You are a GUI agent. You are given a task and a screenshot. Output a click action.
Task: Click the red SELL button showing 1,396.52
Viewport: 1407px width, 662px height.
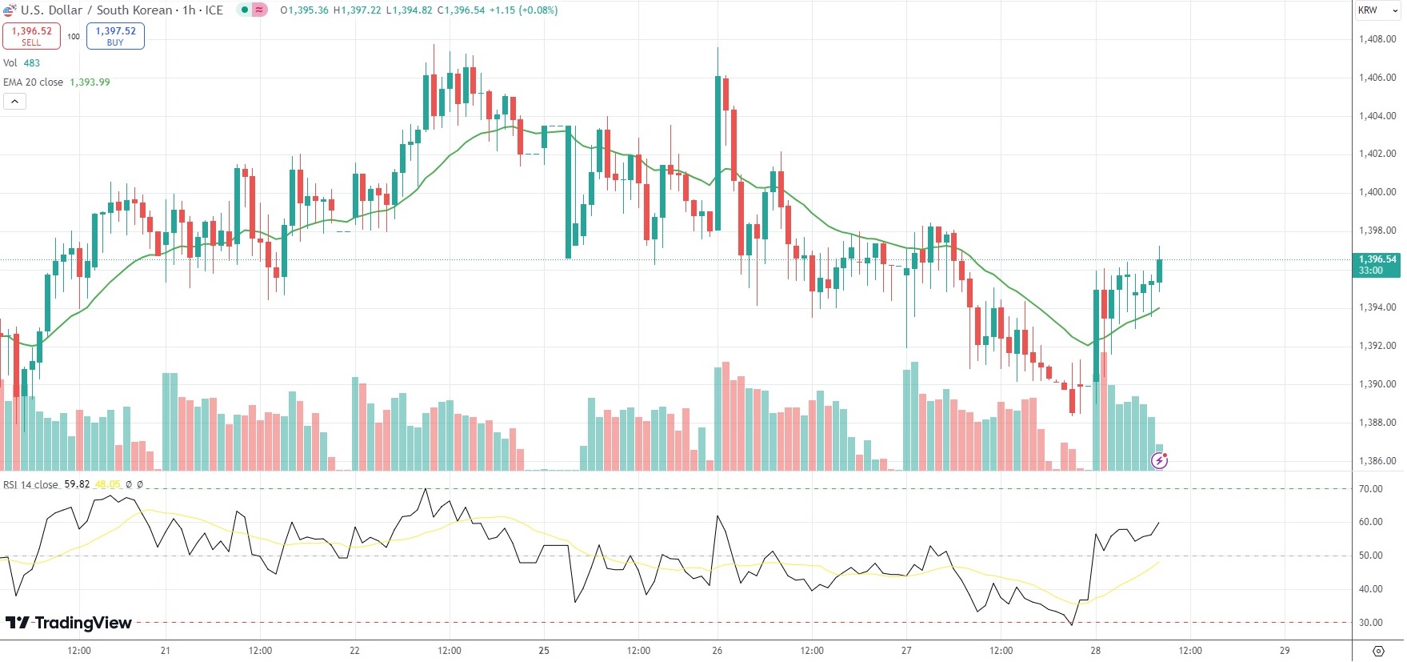pyautogui.click(x=31, y=36)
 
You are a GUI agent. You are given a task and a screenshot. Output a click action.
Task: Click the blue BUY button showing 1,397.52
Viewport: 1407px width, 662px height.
pyautogui.click(x=115, y=36)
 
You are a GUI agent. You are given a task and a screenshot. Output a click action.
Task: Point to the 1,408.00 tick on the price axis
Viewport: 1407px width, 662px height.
pyautogui.click(x=1377, y=39)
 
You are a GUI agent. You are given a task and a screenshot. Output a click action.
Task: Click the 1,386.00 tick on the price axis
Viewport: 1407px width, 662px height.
pyautogui.click(x=1377, y=461)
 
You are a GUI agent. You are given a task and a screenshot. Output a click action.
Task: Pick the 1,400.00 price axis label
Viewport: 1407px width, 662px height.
pyautogui.click(x=1377, y=192)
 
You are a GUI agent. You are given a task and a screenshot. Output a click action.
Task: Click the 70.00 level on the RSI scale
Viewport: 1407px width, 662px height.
pyautogui.click(x=1370, y=489)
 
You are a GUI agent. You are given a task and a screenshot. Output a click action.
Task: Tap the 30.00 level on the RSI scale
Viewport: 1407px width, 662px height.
pyautogui.click(x=1370, y=623)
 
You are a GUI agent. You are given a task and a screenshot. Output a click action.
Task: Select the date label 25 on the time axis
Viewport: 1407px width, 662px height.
pyautogui.click(x=544, y=651)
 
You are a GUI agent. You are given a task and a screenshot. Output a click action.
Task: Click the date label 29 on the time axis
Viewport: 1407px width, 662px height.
pyautogui.click(x=1285, y=651)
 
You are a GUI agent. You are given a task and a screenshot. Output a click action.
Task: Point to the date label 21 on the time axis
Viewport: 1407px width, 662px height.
pyautogui.click(x=165, y=651)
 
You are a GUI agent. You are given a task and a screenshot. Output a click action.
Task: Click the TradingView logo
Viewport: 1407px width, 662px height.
pyautogui.click(x=69, y=623)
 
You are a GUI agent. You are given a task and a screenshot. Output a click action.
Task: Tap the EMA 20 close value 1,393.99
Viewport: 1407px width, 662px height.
pyautogui.click(x=90, y=82)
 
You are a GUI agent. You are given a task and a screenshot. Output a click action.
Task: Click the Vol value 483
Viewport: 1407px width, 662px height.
pyautogui.click(x=31, y=63)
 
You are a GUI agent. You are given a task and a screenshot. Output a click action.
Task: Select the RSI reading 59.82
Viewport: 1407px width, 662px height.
pyautogui.click(x=77, y=484)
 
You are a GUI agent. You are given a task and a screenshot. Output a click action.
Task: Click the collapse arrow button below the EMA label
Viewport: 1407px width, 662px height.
pyautogui.click(x=14, y=102)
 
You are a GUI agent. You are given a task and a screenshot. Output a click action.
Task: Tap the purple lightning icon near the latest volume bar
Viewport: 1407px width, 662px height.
pyautogui.click(x=1159, y=460)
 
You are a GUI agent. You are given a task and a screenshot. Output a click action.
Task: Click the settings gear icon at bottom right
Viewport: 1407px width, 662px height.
pyautogui.click(x=1378, y=651)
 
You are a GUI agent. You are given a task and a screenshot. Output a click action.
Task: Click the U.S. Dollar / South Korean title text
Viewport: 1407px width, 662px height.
pyautogui.click(x=96, y=10)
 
